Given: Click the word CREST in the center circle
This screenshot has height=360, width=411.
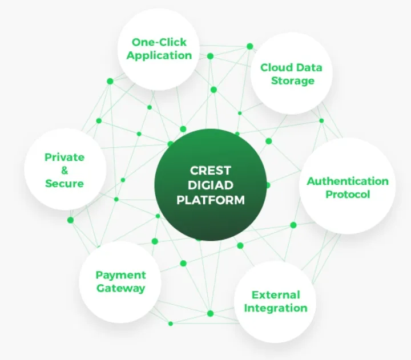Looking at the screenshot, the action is tap(211, 171).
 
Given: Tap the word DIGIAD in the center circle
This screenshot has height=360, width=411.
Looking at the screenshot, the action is tap(211, 185).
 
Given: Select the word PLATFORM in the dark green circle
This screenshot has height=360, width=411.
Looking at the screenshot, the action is tap(211, 200).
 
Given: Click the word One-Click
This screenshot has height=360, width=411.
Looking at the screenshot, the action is tap(159, 42).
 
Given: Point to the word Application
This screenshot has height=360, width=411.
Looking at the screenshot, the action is tap(159, 56).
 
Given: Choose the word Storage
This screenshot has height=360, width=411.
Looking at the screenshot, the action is tap(292, 80).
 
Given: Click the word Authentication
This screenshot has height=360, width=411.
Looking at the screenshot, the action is tap(348, 181).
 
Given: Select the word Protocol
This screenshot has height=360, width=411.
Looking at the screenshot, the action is tap(348, 195).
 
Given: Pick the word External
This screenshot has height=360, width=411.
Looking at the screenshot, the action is tap(276, 295).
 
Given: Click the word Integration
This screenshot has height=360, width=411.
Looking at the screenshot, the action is tap(276, 309).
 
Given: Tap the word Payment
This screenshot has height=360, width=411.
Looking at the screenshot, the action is tap(120, 276).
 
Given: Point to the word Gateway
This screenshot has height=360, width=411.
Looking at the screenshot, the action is tap(120, 288).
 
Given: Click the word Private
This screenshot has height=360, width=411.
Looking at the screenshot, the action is tap(65, 157).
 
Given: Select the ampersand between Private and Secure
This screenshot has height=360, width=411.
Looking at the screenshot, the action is tap(65, 171).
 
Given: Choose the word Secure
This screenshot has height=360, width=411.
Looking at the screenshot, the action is tap(65, 183).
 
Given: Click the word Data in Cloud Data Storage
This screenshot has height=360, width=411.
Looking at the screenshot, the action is tap(309, 67).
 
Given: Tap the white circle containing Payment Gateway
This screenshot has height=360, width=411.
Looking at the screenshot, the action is tap(120, 282).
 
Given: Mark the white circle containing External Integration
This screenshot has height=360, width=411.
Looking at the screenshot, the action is tap(275, 302).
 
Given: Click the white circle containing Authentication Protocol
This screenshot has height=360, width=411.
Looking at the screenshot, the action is tap(347, 186).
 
